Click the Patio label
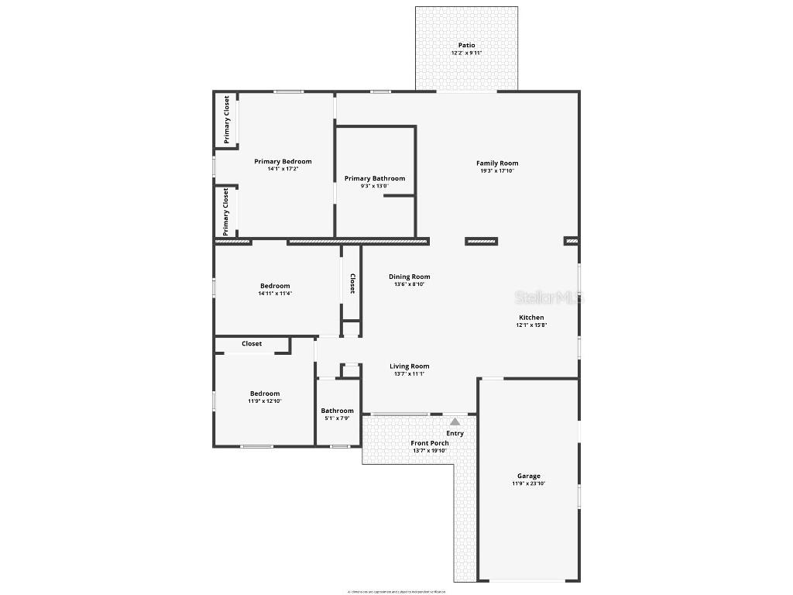click(466, 45)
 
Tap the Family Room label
click(497, 163)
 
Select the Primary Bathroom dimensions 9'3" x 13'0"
click(375, 186)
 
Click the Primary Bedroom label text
click(283, 161)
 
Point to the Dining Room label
click(409, 277)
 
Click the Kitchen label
click(531, 317)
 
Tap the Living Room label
click(409, 366)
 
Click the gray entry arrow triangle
click(455, 421)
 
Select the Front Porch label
click(430, 443)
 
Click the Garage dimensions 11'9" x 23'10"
click(529, 483)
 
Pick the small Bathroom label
click(337, 411)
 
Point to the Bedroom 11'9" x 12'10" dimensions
click(264, 401)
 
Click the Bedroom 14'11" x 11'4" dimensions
click(275, 294)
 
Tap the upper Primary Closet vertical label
click(227, 119)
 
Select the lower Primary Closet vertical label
click(226, 211)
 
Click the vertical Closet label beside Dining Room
click(352, 284)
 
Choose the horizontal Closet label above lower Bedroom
click(252, 343)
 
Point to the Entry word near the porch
click(455, 433)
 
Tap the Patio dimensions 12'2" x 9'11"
click(466, 53)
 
